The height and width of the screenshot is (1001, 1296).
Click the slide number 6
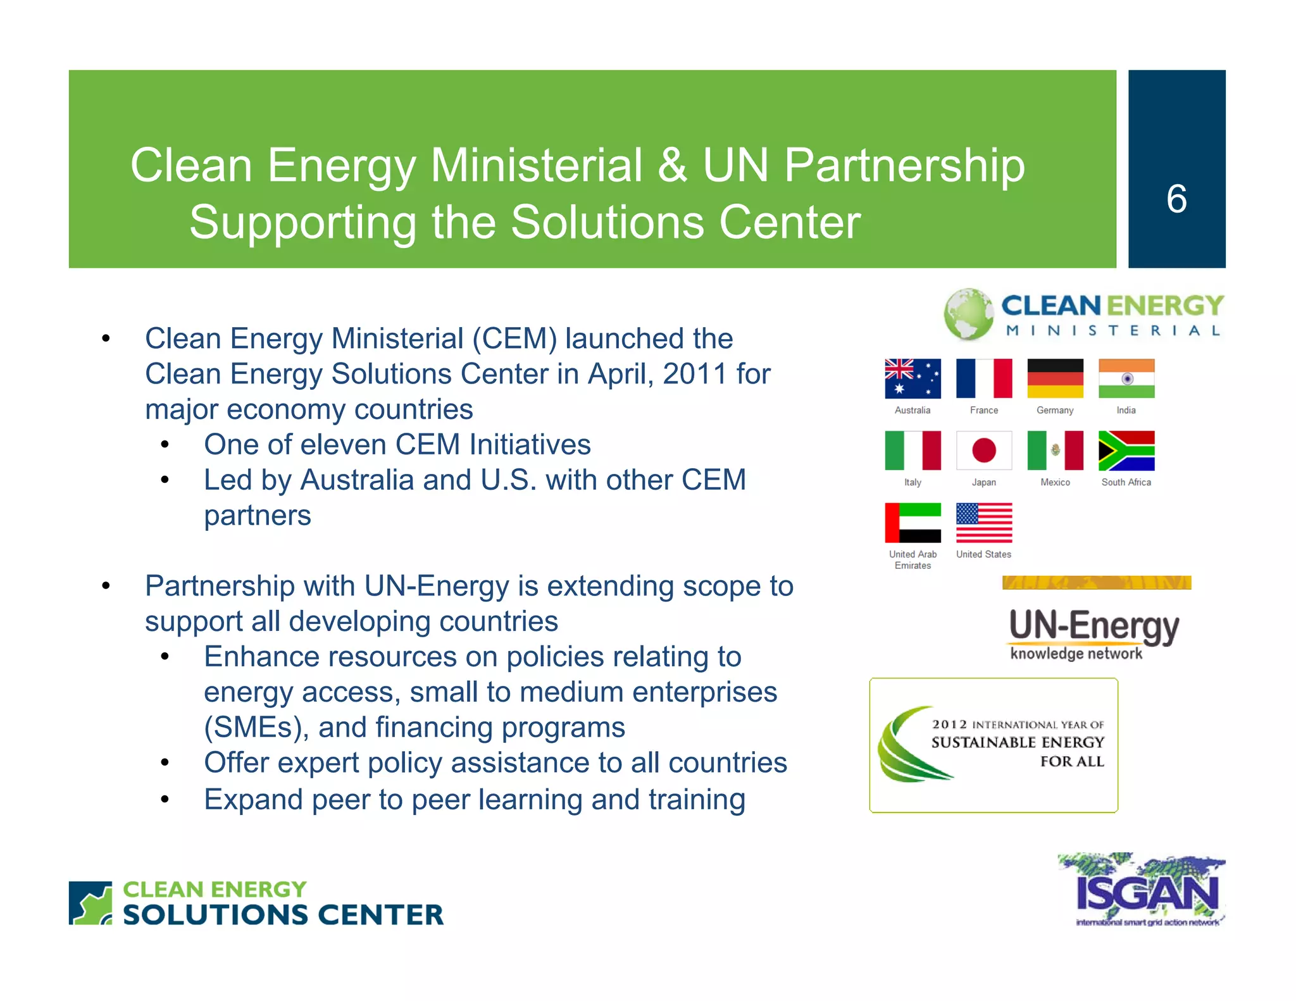tap(1176, 199)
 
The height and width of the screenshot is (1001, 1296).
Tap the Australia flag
tap(912, 378)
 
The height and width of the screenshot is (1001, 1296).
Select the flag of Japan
tap(983, 451)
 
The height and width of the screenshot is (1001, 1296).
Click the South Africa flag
tap(1126, 451)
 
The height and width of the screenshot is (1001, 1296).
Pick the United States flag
tap(983, 523)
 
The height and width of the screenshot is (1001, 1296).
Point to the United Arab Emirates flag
tap(912, 523)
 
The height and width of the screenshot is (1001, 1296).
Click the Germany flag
tap(1055, 378)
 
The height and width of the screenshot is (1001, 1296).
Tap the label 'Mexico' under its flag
tap(1055, 482)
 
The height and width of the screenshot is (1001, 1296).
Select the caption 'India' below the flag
tap(1126, 410)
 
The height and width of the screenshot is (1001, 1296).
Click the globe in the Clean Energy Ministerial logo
tap(968, 314)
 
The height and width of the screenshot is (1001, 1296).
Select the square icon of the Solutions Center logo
tap(90, 903)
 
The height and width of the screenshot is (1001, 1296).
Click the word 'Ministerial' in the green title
tap(537, 166)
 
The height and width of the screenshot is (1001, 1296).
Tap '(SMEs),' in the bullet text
tap(256, 728)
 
